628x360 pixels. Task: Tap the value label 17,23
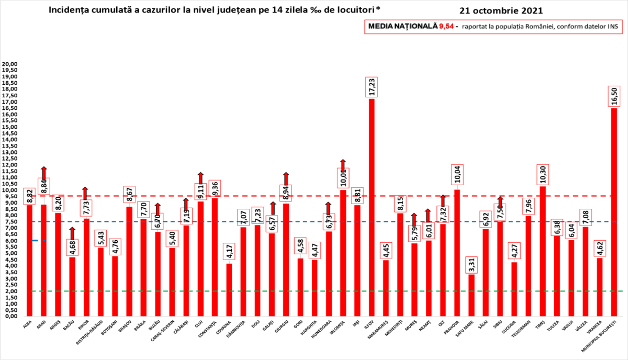coord(372,87)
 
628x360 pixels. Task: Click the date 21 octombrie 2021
coord(500,10)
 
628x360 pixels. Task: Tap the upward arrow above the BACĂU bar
coord(72,233)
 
